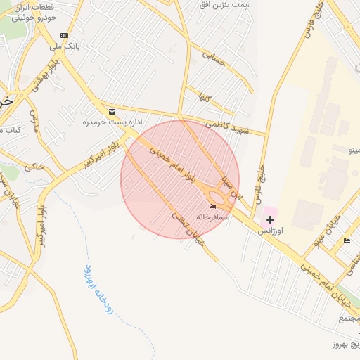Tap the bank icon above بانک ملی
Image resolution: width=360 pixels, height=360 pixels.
(65, 35)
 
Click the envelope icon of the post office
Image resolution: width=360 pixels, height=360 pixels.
(112, 111)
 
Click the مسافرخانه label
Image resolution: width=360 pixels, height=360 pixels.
(213, 217)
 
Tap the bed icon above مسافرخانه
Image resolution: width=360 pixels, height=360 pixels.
(213, 206)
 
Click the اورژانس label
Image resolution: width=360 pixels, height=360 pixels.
(270, 231)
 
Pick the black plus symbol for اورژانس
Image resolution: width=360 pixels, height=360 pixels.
(270, 220)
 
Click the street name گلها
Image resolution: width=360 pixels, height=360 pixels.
(205, 96)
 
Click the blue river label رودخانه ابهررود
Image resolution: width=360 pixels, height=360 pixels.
(98, 289)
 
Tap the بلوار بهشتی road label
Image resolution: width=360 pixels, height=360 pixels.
(44, 78)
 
